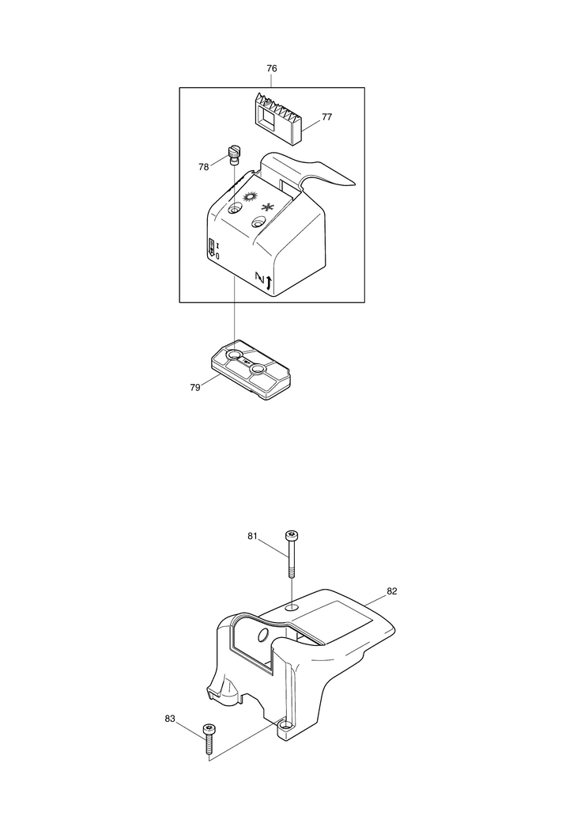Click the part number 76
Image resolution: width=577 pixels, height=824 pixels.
(x=272, y=69)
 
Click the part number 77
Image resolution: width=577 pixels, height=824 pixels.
(x=326, y=116)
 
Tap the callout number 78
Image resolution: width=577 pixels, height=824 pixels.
(x=204, y=166)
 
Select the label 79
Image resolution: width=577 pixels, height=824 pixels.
(x=193, y=387)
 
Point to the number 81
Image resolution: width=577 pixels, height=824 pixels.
(x=253, y=536)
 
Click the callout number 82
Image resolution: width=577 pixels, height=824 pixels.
(x=392, y=591)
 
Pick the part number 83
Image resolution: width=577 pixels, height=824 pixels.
(x=170, y=719)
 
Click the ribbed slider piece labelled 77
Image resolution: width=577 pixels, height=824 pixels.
(x=277, y=120)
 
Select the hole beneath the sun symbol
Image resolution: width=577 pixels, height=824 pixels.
(x=235, y=210)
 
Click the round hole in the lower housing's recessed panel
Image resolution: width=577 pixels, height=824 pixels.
(x=262, y=636)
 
